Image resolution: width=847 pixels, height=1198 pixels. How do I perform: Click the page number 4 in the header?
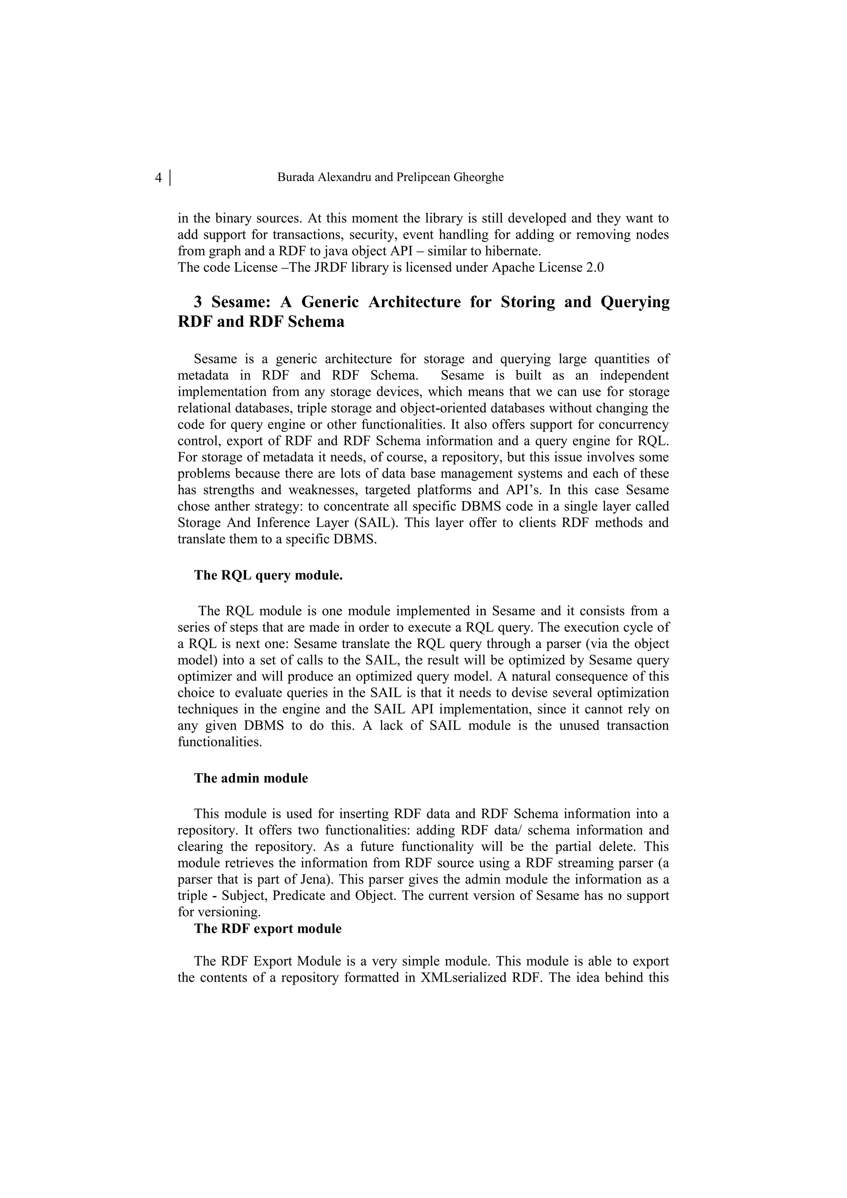(x=159, y=178)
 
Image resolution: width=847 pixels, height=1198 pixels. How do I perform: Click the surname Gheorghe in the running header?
(x=479, y=177)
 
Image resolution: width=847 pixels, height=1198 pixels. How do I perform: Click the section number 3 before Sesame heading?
(x=198, y=302)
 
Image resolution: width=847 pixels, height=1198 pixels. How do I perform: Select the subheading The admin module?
(x=251, y=778)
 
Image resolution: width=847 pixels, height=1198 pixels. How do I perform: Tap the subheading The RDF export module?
(x=268, y=929)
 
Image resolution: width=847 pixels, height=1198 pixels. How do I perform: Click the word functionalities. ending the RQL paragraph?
(x=220, y=741)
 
